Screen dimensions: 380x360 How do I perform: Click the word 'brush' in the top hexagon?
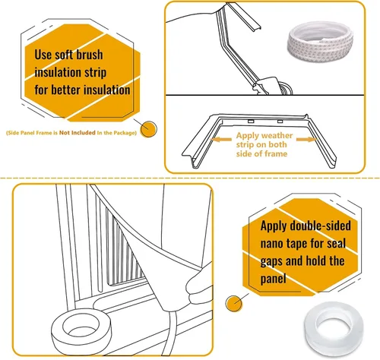(90, 55)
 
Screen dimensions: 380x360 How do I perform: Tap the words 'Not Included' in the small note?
(78, 133)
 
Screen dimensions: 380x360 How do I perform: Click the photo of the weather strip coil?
(320, 43)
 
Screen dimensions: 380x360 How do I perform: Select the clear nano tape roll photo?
(334, 328)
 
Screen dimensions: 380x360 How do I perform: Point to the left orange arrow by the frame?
(220, 140)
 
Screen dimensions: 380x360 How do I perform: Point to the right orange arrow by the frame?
(307, 140)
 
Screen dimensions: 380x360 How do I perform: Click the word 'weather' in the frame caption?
(277, 135)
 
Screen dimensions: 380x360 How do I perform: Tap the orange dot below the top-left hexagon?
(149, 129)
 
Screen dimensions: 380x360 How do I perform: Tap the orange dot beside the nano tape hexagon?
(233, 304)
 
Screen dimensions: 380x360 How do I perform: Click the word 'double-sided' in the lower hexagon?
(320, 226)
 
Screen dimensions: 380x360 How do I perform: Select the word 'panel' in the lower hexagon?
(273, 279)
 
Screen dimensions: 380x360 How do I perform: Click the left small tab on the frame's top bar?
(251, 122)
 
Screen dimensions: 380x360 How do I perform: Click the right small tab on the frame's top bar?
(280, 122)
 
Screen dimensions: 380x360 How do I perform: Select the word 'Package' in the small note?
(125, 133)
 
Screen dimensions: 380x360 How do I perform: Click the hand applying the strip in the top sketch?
(268, 86)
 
